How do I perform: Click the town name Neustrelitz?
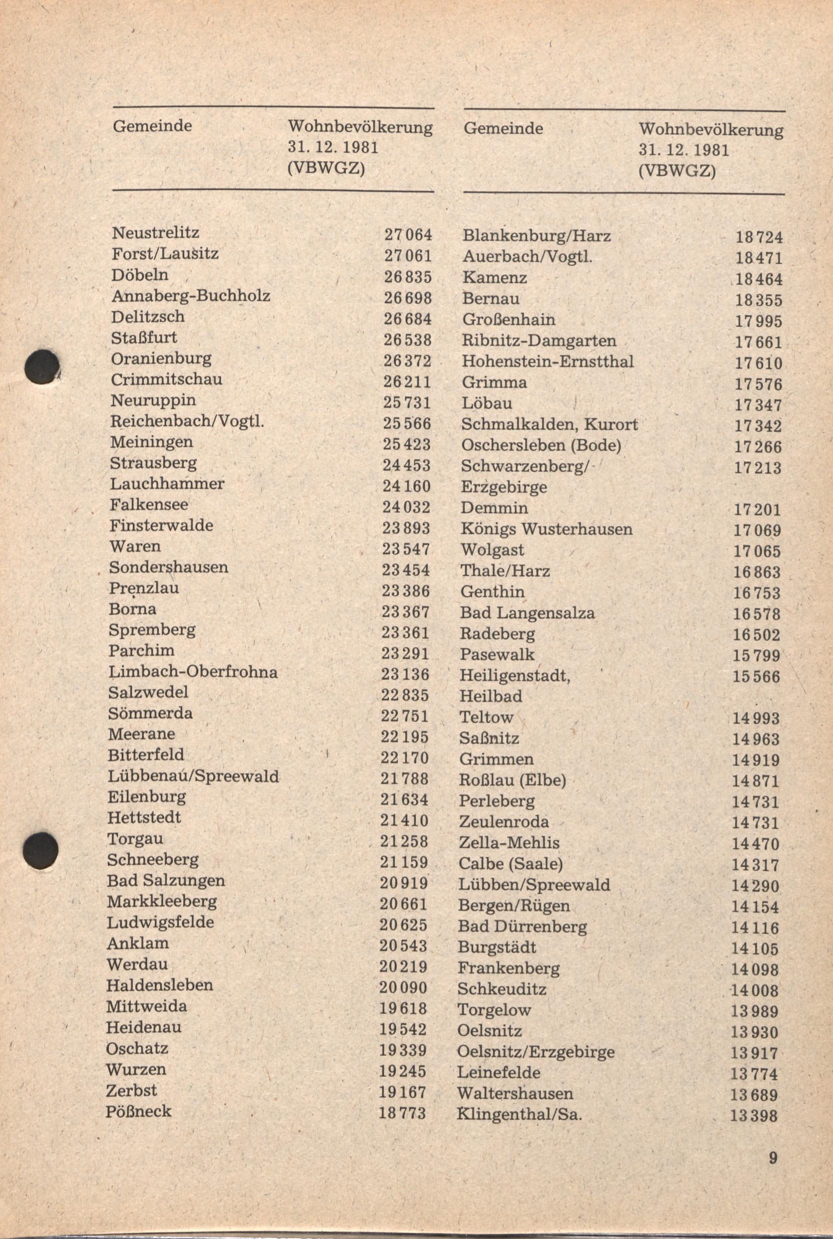(155, 233)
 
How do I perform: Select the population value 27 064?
(408, 234)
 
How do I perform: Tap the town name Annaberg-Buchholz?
(190, 296)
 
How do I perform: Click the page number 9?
(773, 1158)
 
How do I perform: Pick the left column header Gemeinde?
(152, 126)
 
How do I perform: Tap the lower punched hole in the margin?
(41, 850)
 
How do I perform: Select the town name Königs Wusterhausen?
(547, 529)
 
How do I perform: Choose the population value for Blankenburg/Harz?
(759, 237)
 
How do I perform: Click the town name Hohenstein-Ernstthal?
(548, 362)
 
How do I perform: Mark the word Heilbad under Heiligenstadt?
(491, 696)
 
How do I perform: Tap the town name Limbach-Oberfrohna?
(193, 672)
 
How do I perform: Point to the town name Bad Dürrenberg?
(522, 926)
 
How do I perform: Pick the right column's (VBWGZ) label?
(677, 171)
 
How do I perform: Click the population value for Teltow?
(756, 719)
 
